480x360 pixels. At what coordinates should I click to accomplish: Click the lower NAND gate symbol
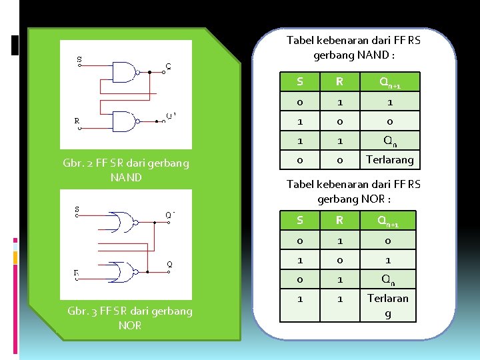point(123,121)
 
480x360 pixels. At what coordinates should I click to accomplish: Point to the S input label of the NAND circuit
point(79,59)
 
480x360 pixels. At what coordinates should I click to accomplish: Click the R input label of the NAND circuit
point(77,121)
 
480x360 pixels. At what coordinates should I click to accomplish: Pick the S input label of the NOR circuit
point(77,209)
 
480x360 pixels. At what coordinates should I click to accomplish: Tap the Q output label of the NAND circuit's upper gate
point(168,66)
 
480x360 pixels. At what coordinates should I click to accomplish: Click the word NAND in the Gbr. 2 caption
point(126,177)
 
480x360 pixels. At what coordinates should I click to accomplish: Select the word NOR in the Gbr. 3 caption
point(130,325)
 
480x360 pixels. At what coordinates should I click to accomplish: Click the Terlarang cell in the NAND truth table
point(390,159)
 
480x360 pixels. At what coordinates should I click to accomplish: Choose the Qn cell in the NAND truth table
point(390,140)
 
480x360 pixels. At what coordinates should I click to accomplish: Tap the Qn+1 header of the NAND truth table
point(390,82)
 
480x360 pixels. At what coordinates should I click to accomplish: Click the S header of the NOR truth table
point(300,220)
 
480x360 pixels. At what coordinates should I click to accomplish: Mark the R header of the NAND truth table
point(339,82)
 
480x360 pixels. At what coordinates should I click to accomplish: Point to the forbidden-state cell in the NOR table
point(389,305)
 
